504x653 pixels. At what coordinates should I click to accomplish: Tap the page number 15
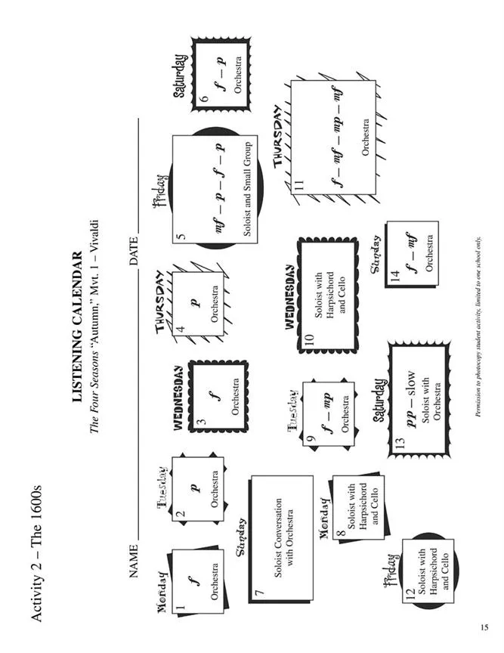[484, 627]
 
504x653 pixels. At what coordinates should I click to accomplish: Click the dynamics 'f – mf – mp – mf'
[337, 135]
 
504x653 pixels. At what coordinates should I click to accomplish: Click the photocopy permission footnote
[478, 326]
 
